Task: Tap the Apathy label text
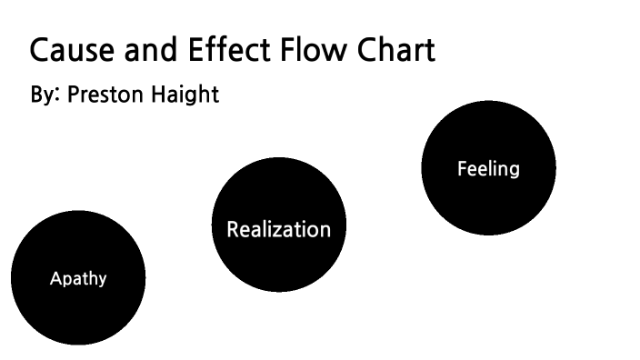[78, 279]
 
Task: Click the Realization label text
[278, 229]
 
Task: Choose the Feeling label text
[488, 169]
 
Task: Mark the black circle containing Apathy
[78, 309]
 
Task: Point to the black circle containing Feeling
[488, 205]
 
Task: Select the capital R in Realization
[233, 229]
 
